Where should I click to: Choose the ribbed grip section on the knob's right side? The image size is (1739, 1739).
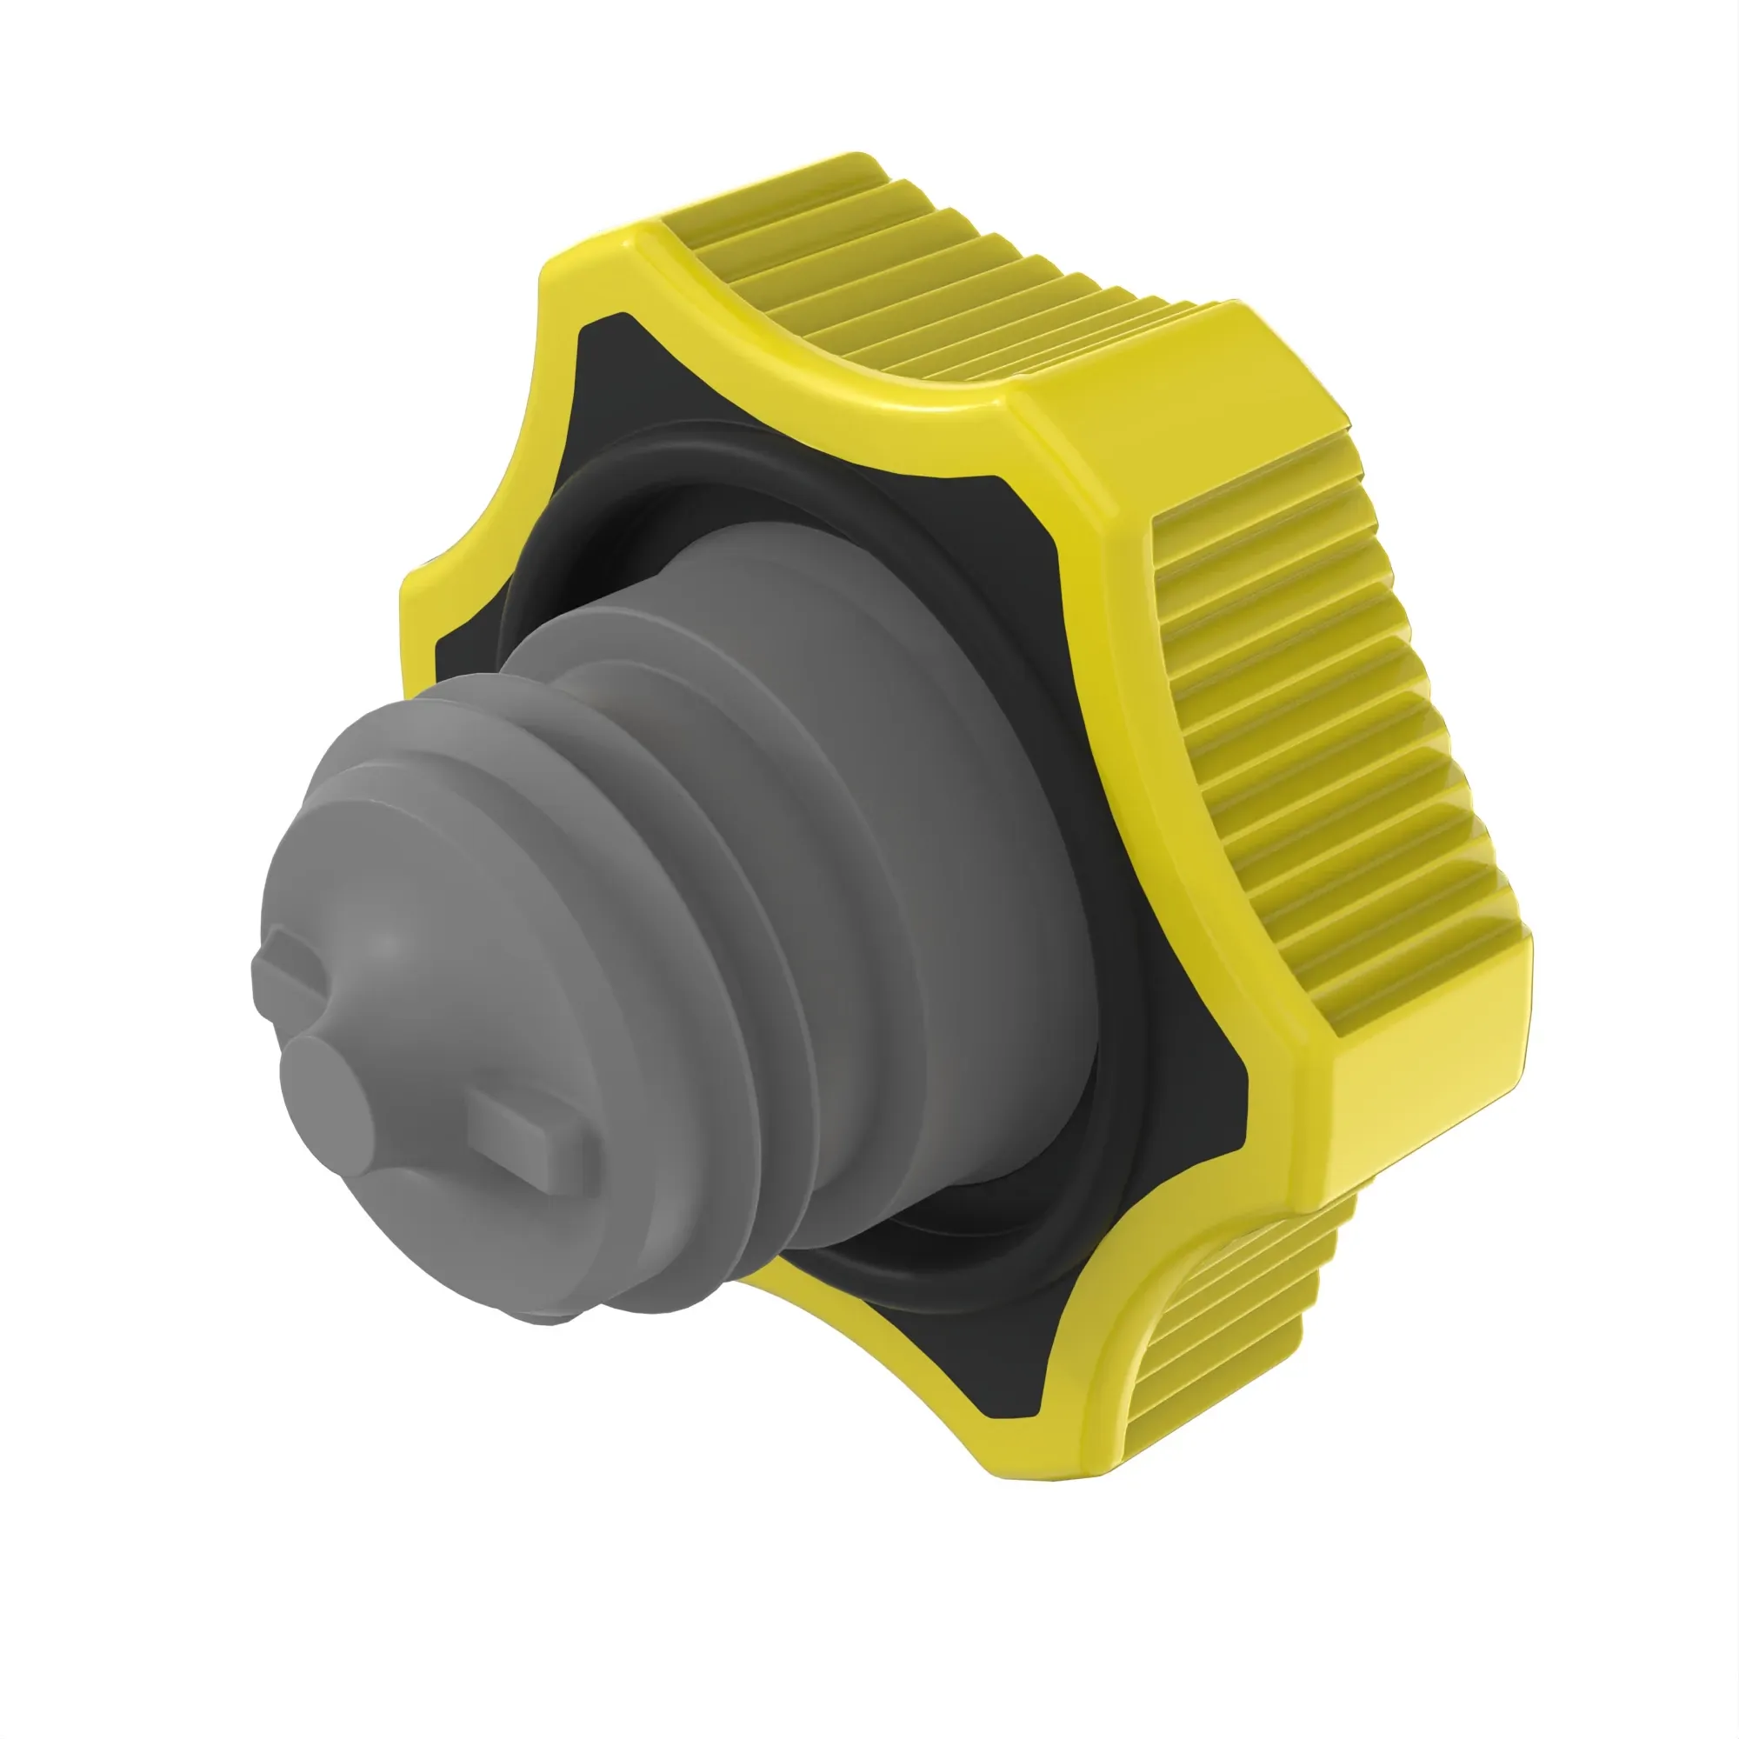click(1332, 747)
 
